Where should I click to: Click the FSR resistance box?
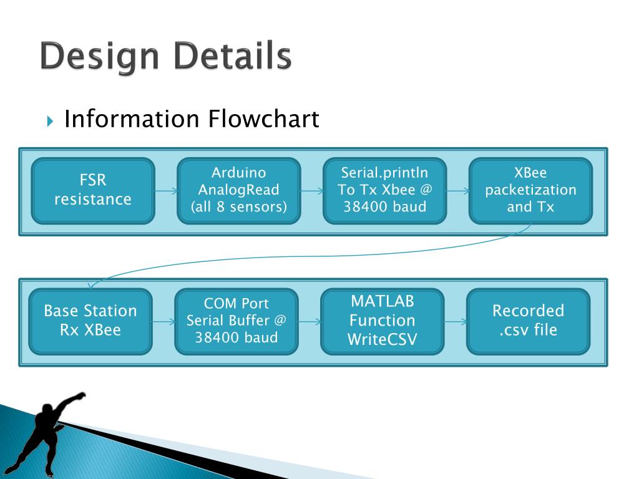(x=93, y=191)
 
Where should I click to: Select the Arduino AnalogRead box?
(x=239, y=191)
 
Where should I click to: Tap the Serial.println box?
(x=384, y=191)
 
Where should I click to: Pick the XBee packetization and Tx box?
(x=530, y=191)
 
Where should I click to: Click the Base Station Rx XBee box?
(x=90, y=322)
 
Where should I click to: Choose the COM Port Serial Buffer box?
(x=237, y=322)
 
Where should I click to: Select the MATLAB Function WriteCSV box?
(x=383, y=322)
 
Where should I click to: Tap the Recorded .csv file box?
(x=528, y=322)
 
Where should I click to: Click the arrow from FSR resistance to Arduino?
(x=166, y=191)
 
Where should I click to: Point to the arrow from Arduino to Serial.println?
(x=312, y=191)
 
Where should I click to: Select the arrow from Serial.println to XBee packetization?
(x=457, y=191)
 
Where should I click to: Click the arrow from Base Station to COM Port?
(x=163, y=322)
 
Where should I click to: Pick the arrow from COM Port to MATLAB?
(x=310, y=322)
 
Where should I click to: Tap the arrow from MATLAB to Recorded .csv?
(x=455, y=322)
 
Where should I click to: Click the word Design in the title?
(x=99, y=57)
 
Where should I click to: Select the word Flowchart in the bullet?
(x=263, y=119)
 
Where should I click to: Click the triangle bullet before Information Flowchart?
(x=50, y=121)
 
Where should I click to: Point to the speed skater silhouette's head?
(x=47, y=409)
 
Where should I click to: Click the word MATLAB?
(x=383, y=301)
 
